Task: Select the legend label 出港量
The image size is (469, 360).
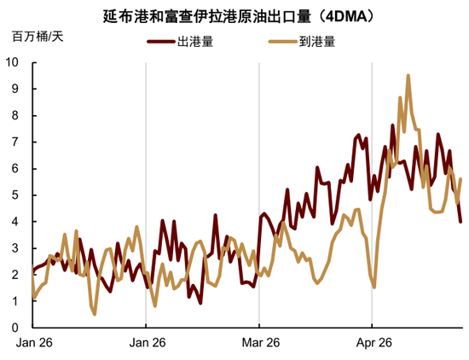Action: (192, 40)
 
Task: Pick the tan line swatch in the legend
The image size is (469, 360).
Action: (278, 40)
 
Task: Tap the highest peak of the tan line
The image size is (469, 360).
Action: (408, 75)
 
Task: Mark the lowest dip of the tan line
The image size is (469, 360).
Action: (95, 314)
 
